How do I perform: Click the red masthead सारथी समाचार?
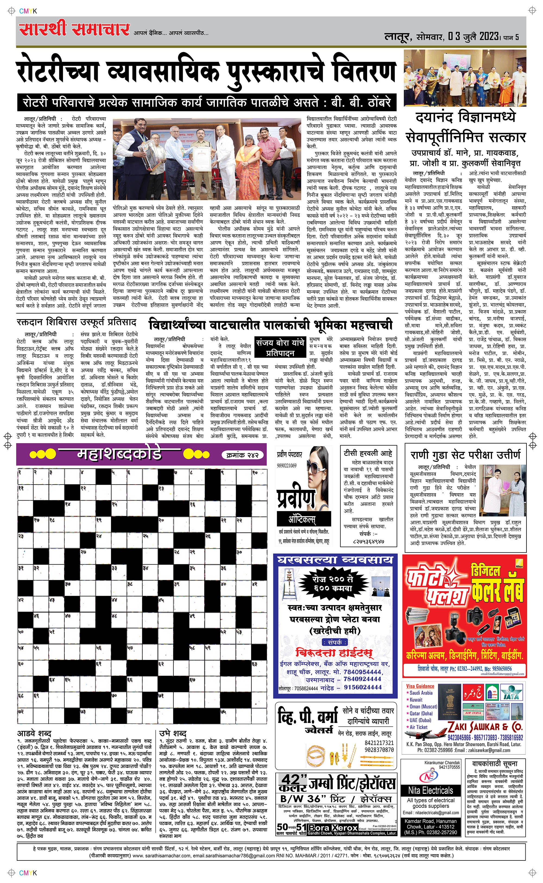74,29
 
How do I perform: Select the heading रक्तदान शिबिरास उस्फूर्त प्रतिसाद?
77,322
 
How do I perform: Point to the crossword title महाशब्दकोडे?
119,454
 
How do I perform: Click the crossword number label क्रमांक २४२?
242,455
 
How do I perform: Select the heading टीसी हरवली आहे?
368,453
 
